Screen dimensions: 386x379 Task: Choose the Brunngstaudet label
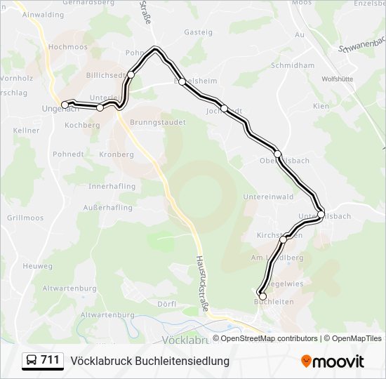(158, 121)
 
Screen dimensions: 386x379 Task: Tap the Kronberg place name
(117, 154)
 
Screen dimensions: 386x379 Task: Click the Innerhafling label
(111, 187)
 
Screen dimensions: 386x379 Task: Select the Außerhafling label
(107, 208)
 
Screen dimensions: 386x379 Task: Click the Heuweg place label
(37, 266)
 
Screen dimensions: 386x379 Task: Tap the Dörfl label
(167, 304)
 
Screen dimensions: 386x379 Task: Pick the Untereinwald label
(267, 197)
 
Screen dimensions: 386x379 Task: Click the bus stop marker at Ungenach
(65, 105)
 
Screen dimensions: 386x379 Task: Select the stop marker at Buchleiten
(262, 297)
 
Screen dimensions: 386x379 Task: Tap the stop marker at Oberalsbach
(277, 154)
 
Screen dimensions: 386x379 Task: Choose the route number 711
(50, 360)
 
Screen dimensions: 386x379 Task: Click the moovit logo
(333, 361)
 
